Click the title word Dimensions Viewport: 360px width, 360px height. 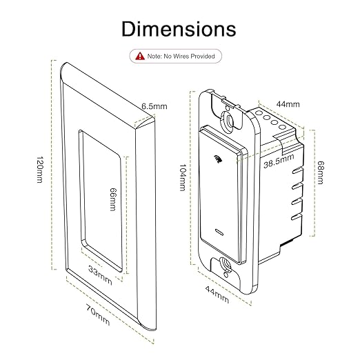click(179, 29)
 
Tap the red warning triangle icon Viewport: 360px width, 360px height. click(140, 55)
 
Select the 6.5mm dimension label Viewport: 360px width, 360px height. click(155, 106)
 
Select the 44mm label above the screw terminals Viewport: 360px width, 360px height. click(288, 104)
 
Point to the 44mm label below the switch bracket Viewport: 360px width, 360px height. click(217, 294)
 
